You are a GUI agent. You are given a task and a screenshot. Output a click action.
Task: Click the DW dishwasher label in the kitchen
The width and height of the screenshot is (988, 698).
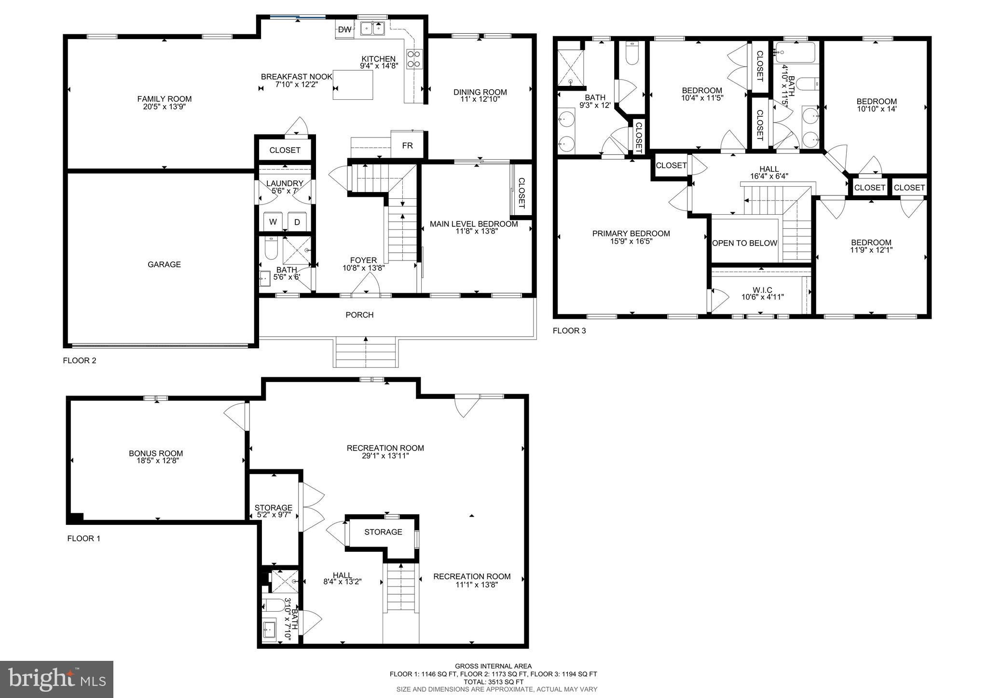344,30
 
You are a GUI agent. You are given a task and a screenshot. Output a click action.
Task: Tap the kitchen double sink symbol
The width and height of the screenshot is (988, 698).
372,29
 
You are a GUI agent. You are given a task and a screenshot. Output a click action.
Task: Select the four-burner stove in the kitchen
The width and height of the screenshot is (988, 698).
414,59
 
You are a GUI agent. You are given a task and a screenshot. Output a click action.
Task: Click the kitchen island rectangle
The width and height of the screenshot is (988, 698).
353,85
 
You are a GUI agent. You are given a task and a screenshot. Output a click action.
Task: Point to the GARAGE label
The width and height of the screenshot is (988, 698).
164,264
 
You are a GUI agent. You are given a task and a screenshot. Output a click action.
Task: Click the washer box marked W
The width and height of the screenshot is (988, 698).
273,222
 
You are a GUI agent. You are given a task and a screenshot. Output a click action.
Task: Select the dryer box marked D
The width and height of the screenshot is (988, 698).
297,222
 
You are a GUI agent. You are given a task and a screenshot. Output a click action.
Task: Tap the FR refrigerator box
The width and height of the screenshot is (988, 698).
407,145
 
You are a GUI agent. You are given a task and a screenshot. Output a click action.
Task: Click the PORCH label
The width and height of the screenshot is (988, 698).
359,315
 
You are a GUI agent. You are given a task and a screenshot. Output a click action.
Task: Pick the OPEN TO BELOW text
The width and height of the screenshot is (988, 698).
744,243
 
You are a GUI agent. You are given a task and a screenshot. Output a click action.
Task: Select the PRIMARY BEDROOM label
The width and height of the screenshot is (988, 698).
631,234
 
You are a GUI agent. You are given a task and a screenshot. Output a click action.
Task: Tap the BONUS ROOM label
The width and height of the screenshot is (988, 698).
156,453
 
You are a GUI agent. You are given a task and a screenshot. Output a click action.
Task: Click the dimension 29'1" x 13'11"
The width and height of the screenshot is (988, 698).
385,455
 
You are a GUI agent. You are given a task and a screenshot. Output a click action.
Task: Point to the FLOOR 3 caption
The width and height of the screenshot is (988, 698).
569,331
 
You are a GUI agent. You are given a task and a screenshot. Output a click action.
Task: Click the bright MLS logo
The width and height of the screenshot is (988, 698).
56,679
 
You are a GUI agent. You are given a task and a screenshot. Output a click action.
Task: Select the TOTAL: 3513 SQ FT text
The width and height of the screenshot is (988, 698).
493,682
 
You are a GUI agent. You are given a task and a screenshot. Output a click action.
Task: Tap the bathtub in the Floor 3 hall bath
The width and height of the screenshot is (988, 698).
797,53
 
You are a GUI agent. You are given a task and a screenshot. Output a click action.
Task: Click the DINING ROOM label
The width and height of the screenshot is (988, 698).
480,92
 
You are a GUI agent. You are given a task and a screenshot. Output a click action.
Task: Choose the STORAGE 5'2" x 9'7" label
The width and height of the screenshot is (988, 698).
274,508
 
